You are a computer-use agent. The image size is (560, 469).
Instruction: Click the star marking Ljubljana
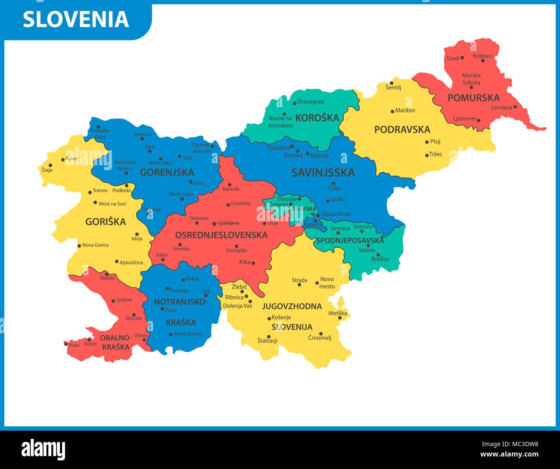click(214, 223)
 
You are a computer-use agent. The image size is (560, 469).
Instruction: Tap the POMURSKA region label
click(473, 98)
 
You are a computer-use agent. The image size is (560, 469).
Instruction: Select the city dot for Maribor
click(392, 111)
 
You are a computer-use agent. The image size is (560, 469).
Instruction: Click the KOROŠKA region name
click(317, 118)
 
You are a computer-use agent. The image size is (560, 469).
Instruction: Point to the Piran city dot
click(66, 344)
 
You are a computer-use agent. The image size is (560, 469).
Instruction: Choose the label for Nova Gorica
click(95, 245)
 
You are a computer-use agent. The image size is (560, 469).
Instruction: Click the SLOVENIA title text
click(76, 19)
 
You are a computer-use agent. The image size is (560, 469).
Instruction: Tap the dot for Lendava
click(515, 107)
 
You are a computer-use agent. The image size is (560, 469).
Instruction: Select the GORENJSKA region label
click(167, 172)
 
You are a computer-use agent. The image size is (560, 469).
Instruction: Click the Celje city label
click(334, 188)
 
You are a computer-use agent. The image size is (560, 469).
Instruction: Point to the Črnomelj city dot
click(321, 333)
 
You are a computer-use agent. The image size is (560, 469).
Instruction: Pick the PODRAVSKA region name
click(402, 130)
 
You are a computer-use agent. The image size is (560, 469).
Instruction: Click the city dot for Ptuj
click(427, 142)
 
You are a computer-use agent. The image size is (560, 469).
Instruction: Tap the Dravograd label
click(311, 102)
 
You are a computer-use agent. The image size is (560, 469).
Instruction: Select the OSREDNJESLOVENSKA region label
click(221, 235)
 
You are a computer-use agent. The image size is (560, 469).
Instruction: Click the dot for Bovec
click(63, 159)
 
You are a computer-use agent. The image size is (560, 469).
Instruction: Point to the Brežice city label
click(380, 259)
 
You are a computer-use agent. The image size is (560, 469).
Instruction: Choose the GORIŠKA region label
click(106, 222)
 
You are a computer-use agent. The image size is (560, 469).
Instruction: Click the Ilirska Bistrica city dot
click(171, 335)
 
